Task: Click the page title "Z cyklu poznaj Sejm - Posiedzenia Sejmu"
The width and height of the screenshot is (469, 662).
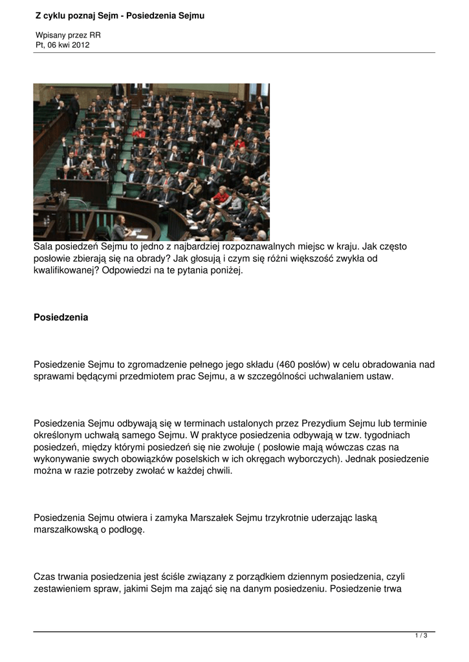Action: click(120, 15)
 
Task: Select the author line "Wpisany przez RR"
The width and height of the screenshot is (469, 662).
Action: click(68, 35)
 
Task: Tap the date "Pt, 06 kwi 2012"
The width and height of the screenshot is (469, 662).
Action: click(63, 45)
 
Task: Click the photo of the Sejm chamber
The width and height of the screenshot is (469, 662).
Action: click(151, 162)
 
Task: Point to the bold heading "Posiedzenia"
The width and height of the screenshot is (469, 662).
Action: click(61, 317)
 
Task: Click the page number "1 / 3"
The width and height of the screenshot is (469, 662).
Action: click(421, 636)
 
